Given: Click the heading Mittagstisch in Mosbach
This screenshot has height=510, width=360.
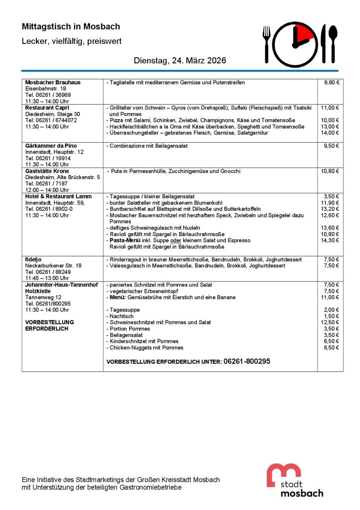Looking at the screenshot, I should tap(71, 26).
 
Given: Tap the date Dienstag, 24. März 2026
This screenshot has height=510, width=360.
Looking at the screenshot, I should tap(180, 60).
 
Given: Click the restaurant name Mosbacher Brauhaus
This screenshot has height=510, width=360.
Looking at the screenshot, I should tap(52, 82).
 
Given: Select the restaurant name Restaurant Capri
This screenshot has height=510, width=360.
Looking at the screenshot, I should tap(47, 107).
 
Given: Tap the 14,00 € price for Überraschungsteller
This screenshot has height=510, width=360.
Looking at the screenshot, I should tap(330, 133).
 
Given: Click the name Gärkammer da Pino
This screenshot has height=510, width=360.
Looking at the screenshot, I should tap(51, 146).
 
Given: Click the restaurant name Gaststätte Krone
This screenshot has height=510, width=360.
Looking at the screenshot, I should tap(48, 171).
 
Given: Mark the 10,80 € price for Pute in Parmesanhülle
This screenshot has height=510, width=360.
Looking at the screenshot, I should tap(330, 171).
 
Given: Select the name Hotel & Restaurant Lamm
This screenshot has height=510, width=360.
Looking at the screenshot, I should tap(58, 197).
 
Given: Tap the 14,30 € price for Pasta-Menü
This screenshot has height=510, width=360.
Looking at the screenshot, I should tap(330, 240).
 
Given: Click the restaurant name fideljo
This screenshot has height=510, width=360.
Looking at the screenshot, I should tap(33, 259).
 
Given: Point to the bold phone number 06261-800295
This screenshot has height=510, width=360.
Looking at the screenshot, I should tap(247, 361).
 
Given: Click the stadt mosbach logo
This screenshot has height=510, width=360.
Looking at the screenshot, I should tap(294, 480).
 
